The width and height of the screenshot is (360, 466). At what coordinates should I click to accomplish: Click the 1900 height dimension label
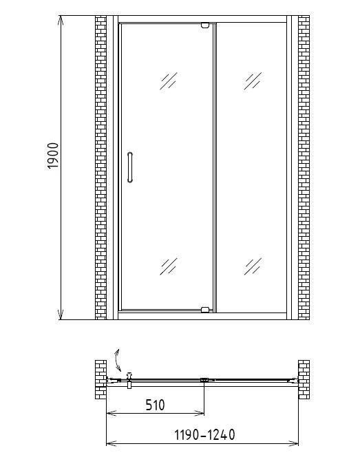click(53, 156)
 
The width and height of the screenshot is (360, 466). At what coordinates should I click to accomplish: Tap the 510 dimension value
click(155, 405)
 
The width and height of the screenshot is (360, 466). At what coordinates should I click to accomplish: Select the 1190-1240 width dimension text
click(204, 434)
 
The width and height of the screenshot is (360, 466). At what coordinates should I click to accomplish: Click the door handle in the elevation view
click(130, 167)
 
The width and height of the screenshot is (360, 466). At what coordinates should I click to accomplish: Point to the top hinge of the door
click(205, 25)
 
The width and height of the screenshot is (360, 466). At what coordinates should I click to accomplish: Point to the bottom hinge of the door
click(205, 310)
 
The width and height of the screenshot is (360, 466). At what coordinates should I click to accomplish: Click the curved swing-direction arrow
click(118, 360)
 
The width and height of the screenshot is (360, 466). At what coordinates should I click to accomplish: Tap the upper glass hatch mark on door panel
click(169, 81)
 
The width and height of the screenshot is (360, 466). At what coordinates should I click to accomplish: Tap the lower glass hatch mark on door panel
click(169, 266)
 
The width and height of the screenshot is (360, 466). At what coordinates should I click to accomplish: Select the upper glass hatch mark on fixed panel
click(253, 81)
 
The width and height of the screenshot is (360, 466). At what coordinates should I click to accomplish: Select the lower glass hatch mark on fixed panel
click(253, 266)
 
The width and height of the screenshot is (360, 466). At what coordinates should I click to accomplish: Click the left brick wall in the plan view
click(100, 379)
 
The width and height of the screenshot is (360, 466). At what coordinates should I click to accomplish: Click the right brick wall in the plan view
click(304, 379)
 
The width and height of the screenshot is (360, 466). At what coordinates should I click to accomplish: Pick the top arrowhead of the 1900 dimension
click(61, 20)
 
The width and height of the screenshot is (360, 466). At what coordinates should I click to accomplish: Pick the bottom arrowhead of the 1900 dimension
click(61, 315)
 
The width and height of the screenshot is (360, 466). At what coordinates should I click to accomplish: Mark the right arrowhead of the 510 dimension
click(199, 413)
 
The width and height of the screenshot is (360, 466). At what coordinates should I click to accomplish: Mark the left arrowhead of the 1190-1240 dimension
click(112, 443)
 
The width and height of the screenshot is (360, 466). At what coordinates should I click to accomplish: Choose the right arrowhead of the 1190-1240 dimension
click(293, 443)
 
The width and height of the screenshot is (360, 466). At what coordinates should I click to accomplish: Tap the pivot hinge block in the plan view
click(204, 380)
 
